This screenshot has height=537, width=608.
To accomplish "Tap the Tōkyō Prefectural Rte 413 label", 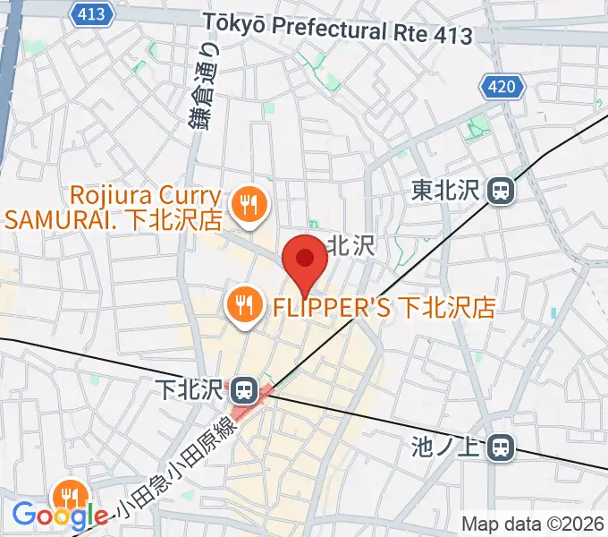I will coord(337,29).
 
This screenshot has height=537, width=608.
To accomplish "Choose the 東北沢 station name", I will coord(446,190).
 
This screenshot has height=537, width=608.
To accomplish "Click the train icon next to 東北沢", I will coord(501,190).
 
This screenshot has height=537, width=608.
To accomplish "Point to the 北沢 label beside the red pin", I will coord(351,246).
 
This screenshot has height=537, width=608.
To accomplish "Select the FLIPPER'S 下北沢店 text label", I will coord(383,308).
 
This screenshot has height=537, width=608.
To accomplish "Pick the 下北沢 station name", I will coord(190,390).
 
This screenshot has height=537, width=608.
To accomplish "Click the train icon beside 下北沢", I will coord(243,390).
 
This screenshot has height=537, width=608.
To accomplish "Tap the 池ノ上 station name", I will coord(449,445).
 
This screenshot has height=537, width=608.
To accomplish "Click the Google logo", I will coord(60,516).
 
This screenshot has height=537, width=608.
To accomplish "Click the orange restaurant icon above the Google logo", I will coord(69,494).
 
